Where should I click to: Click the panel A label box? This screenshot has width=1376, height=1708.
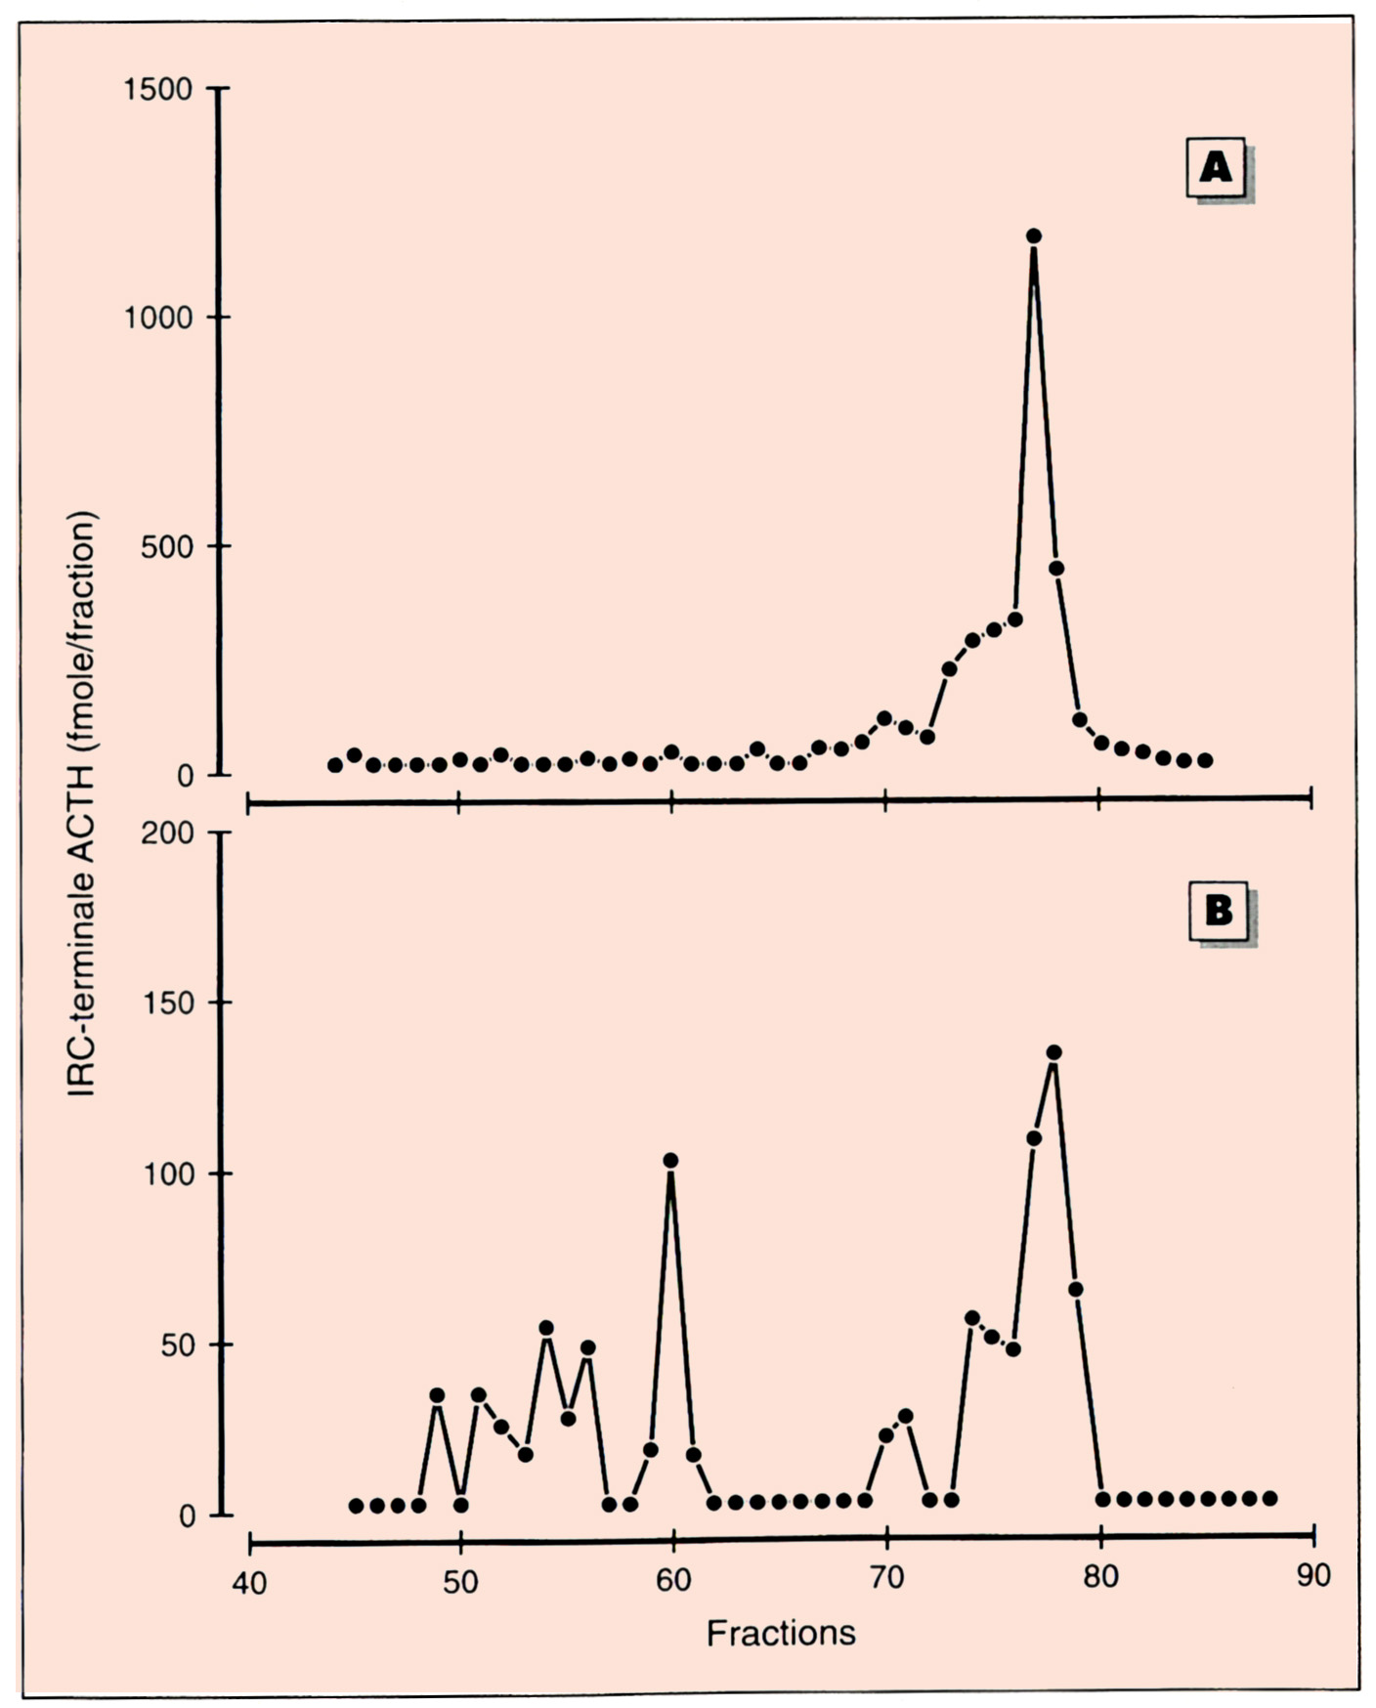point(1216,168)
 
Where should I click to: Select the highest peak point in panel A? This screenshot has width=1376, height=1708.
point(1034,235)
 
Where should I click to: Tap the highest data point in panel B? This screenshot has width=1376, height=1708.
point(1053,1052)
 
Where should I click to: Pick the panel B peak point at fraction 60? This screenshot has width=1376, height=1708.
point(670,1160)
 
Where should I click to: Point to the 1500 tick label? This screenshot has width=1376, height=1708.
point(159,89)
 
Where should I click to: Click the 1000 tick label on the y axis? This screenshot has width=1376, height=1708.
point(159,318)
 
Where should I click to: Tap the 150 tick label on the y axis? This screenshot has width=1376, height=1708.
point(169,1003)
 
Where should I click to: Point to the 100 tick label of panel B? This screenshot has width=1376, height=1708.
point(169,1174)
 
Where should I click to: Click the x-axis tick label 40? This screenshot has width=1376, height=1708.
point(249,1581)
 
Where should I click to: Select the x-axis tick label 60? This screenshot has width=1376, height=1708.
point(673,1581)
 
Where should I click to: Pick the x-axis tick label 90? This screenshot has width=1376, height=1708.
point(1312,1575)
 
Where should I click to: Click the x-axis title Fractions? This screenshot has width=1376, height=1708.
point(781,1633)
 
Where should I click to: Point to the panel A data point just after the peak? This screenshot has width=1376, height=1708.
point(1055,568)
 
